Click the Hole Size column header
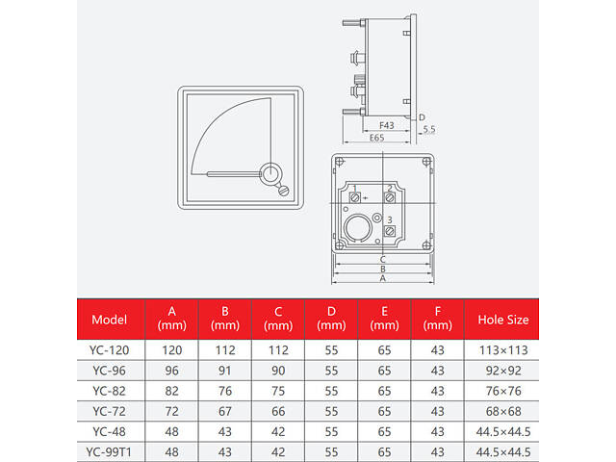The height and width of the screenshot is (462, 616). click(502, 320)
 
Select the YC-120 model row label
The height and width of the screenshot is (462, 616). click(109, 350)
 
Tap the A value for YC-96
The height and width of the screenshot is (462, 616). click(171, 371)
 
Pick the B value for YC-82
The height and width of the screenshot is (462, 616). click(225, 391)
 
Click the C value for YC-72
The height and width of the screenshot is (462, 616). click(278, 411)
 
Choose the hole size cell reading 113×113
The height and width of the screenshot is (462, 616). click(503, 350)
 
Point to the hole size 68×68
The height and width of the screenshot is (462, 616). click(503, 411)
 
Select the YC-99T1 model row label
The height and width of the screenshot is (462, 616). click(109, 452)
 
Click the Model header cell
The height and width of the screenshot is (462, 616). click(109, 320)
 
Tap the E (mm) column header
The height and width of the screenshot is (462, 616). click(384, 319)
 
